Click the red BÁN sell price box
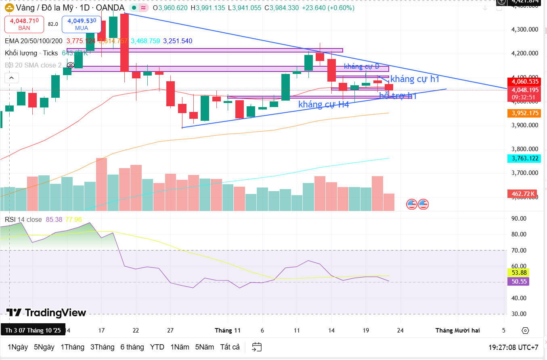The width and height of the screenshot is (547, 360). pyautogui.click(x=24, y=24)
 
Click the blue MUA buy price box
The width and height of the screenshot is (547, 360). pyautogui.click(x=82, y=24)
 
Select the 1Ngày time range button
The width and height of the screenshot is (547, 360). pyautogui.click(x=18, y=347)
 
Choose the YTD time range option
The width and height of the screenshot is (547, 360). pyautogui.click(x=157, y=347)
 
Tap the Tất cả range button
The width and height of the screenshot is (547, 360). pyautogui.click(x=230, y=347)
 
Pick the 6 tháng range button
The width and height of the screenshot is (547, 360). pyautogui.click(x=132, y=347)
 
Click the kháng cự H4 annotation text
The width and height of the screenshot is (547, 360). pyautogui.click(x=323, y=104)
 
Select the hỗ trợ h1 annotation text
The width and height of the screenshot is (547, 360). pyautogui.click(x=398, y=96)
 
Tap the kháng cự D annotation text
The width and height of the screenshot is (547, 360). pyautogui.click(x=362, y=66)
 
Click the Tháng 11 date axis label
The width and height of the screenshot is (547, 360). pyautogui.click(x=228, y=331)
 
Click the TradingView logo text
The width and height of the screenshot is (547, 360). pyautogui.click(x=46, y=313)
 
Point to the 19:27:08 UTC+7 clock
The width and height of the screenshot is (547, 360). pyautogui.click(x=513, y=347)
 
